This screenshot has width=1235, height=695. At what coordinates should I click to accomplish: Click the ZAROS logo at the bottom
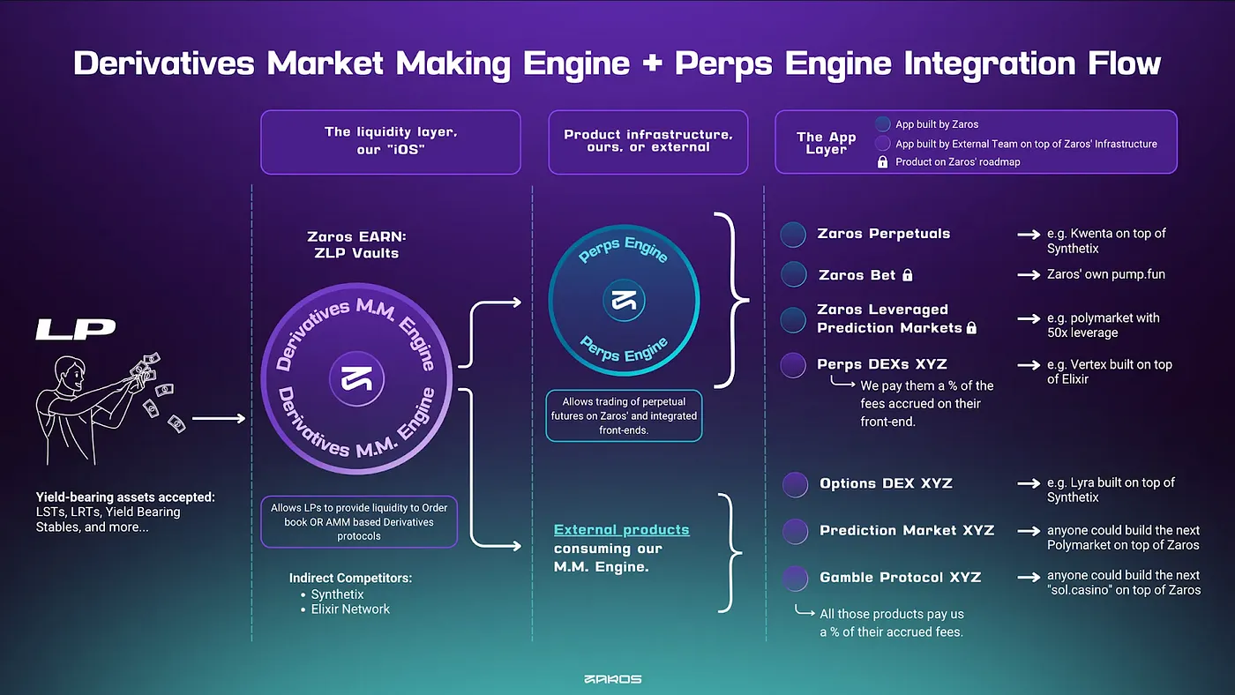(612, 679)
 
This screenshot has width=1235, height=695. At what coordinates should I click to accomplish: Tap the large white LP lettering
(76, 329)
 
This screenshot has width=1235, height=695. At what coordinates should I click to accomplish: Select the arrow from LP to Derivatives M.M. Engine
(219, 418)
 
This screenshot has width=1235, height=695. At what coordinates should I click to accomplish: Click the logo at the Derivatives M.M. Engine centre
(356, 378)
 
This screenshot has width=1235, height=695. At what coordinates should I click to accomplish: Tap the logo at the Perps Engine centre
(624, 301)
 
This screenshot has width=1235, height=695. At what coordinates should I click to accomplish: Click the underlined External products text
(621, 530)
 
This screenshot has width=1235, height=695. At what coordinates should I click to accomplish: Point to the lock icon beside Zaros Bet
(908, 274)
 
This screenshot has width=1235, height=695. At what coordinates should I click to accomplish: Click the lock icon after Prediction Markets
(971, 327)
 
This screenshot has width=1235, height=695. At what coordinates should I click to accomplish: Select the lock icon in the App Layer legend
(883, 161)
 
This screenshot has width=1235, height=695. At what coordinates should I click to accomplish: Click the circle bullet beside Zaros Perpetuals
(793, 235)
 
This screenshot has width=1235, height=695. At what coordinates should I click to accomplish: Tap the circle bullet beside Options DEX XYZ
(795, 484)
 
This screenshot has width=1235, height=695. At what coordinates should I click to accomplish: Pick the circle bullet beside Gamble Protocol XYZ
(795, 579)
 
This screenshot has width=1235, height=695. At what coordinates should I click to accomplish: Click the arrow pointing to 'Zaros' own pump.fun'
(1029, 274)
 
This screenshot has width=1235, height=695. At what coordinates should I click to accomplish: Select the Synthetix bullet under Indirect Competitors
(333, 594)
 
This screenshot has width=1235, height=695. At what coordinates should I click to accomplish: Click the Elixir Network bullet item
(345, 609)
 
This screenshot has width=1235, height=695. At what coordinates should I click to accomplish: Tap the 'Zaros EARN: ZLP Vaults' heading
(356, 244)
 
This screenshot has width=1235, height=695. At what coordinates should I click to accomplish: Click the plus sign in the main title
(652, 63)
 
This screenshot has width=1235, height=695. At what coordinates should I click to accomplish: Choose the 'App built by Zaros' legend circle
(883, 124)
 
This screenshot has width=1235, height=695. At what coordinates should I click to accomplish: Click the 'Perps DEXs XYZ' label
(882, 364)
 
